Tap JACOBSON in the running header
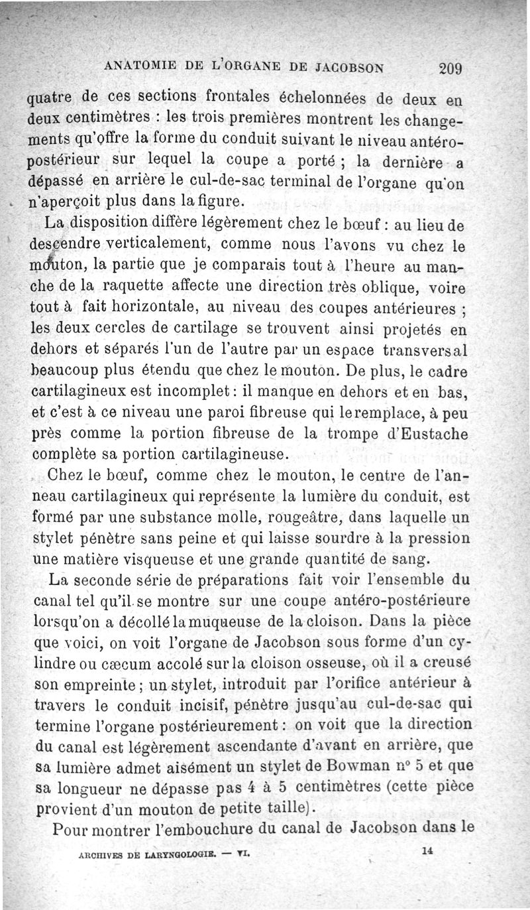tap(349, 66)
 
